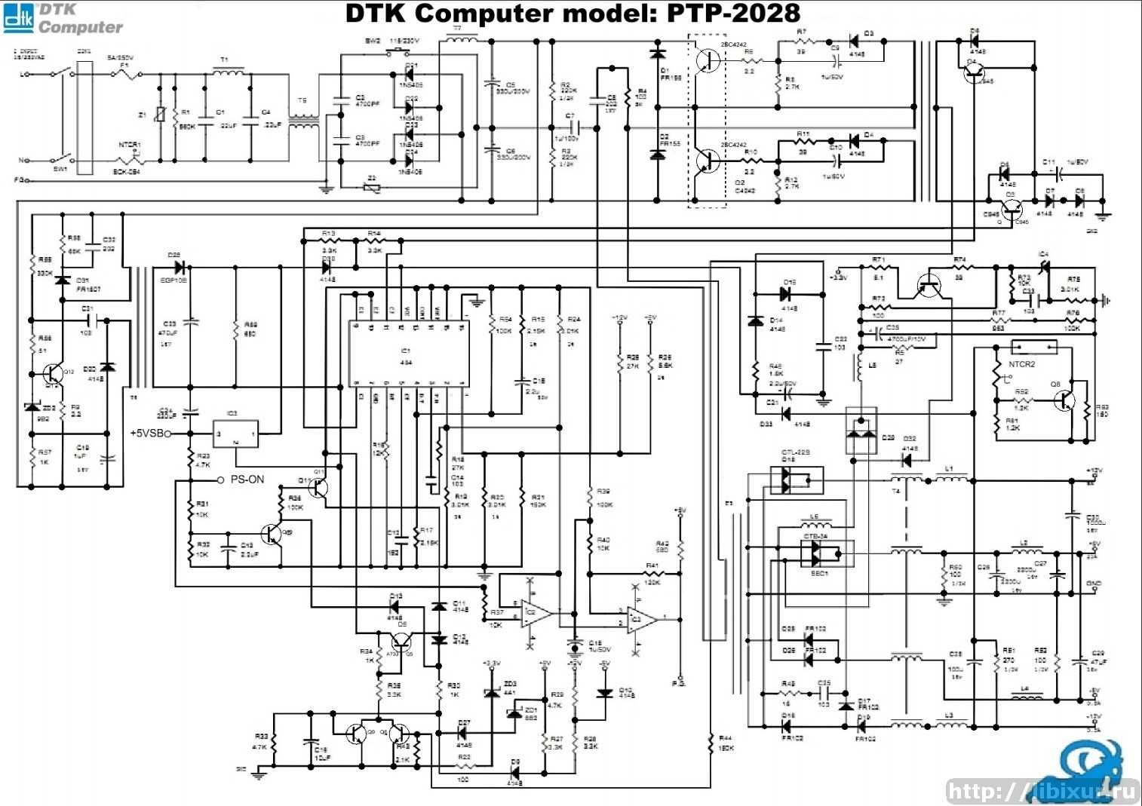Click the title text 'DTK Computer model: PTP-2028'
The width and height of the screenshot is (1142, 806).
click(x=573, y=14)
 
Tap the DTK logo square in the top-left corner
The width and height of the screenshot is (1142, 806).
click(x=18, y=18)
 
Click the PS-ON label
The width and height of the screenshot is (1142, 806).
click(x=247, y=480)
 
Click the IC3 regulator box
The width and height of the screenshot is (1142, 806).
click(x=235, y=434)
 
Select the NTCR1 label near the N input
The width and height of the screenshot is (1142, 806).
click(x=130, y=145)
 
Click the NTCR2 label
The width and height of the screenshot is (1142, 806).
click(x=1022, y=364)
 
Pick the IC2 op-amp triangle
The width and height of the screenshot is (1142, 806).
click(x=537, y=614)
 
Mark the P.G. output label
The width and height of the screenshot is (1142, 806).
click(x=679, y=683)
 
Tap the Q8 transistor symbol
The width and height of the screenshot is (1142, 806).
click(x=1064, y=399)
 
